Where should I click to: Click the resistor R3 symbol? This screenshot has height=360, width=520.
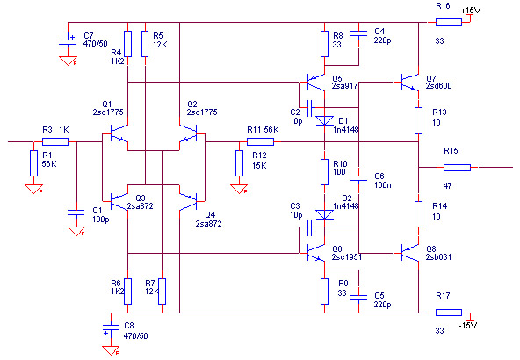point(55,142)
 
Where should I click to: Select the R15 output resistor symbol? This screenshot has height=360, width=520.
point(457,168)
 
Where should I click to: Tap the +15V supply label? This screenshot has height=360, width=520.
point(471,11)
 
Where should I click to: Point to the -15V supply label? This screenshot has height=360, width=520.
point(468,325)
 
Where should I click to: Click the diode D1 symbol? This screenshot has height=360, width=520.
point(324,120)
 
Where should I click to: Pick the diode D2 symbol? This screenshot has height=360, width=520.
point(324,214)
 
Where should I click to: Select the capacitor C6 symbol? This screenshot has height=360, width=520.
point(358,178)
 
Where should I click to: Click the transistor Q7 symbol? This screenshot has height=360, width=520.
point(410,82)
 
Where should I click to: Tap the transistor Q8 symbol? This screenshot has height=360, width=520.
point(410,253)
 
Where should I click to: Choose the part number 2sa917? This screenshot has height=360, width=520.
point(345,86)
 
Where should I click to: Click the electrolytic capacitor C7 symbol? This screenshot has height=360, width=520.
point(68,42)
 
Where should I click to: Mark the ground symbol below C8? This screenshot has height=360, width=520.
point(111,350)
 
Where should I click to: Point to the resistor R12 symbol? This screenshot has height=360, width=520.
point(239,163)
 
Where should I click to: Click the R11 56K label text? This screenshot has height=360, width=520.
point(263,130)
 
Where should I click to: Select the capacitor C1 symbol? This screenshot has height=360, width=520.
point(76,212)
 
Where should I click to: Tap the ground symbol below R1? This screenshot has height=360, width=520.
point(34,190)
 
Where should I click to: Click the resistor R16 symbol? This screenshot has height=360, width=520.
point(448,22)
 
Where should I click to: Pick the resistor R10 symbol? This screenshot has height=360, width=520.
point(324,172)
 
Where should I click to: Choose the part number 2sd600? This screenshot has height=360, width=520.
point(439,86)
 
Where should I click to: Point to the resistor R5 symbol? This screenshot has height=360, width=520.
point(145,44)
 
